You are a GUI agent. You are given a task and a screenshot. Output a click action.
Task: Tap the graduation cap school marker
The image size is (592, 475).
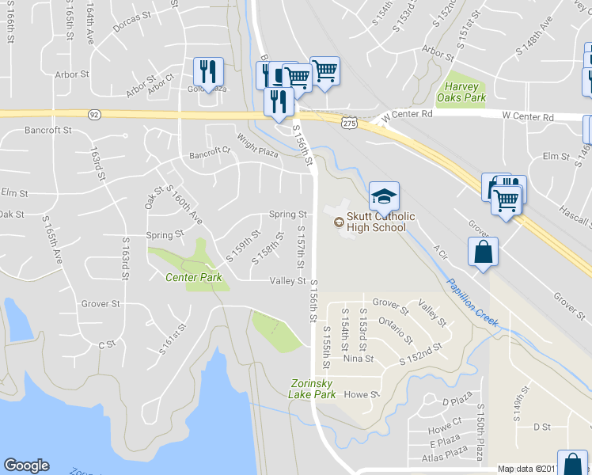[x=384, y=195]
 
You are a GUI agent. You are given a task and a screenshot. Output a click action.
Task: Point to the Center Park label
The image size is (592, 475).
[x=193, y=277]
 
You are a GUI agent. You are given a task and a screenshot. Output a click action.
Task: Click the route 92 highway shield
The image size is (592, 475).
[x=94, y=115]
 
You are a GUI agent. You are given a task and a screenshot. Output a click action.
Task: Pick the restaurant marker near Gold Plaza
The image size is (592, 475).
[x=209, y=71]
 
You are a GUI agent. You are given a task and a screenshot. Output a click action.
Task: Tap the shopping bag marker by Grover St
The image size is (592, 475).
[x=483, y=253]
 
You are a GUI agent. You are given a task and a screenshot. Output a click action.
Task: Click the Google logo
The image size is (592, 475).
[x=26, y=465]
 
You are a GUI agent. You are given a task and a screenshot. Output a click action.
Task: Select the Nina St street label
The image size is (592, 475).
[x=358, y=359]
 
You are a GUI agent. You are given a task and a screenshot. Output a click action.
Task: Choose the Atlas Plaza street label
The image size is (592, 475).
[x=445, y=455]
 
